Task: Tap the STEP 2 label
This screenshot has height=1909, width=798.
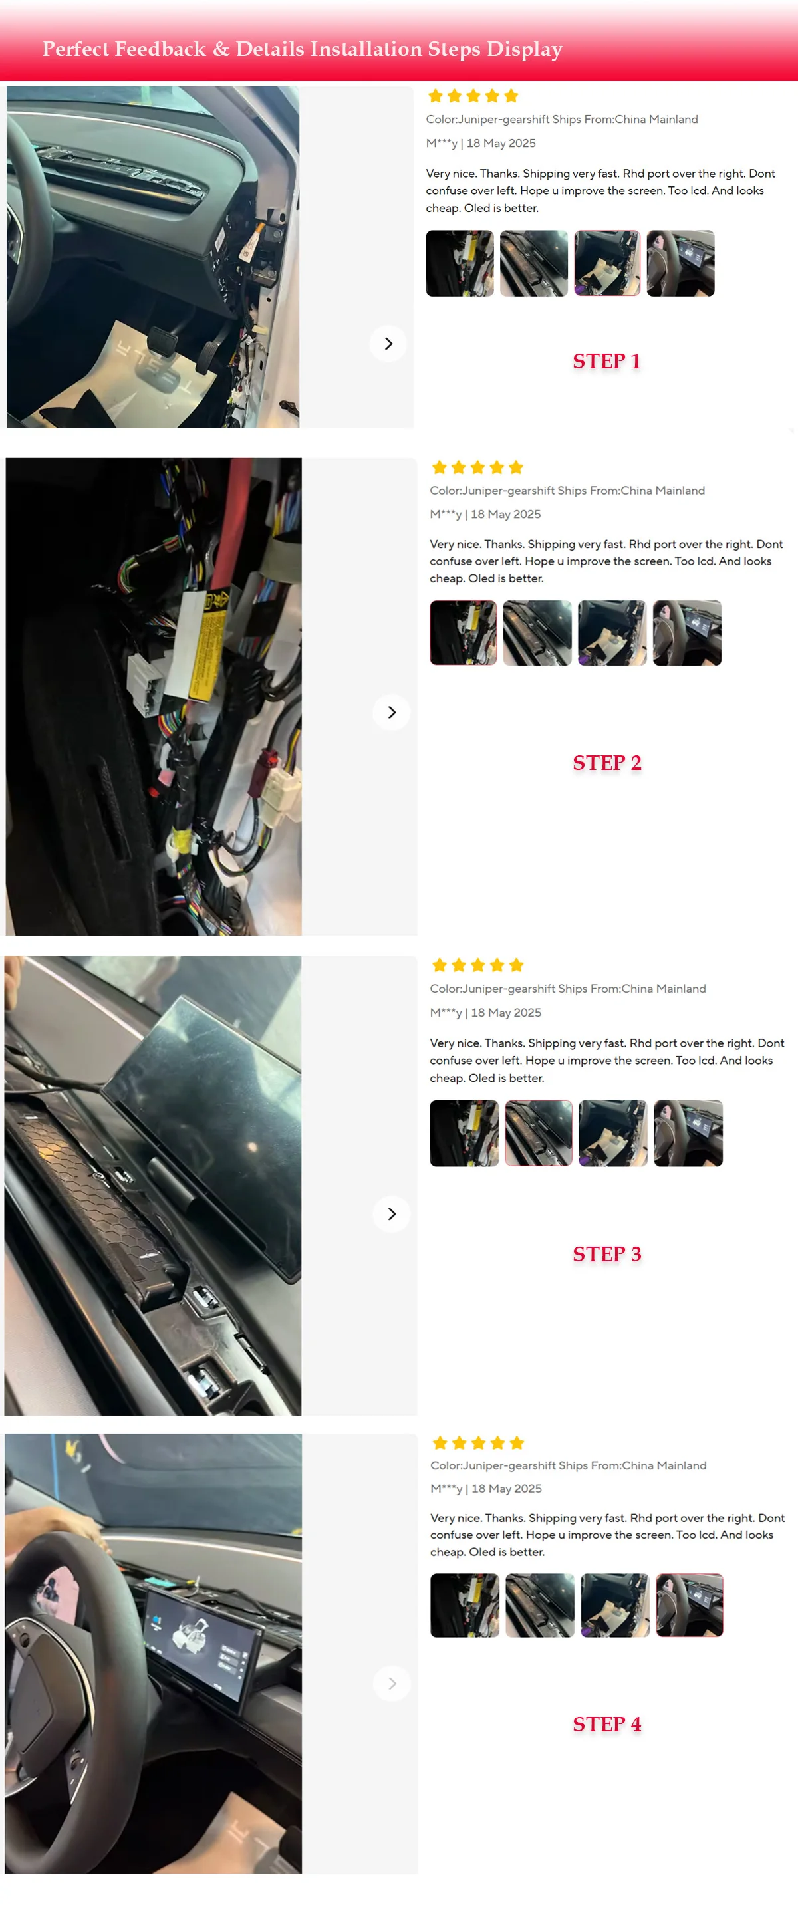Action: [607, 763]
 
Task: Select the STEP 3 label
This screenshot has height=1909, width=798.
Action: [607, 1254]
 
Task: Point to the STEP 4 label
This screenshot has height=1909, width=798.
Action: [607, 1724]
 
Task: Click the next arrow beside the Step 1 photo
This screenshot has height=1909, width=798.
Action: [388, 344]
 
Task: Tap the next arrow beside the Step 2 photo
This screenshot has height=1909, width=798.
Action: [392, 713]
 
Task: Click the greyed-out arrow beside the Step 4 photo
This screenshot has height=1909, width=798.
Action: [392, 1684]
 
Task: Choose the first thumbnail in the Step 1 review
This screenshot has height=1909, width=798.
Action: [460, 263]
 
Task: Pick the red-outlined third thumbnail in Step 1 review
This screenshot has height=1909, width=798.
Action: [607, 263]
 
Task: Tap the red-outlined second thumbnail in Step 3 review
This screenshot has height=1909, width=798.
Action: [539, 1133]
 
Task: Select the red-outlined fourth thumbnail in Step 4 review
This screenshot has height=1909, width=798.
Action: [689, 1605]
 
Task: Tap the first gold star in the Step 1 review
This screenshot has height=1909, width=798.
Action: [435, 96]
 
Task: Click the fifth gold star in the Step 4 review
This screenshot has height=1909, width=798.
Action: [517, 1442]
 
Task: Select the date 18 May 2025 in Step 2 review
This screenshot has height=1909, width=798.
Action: [505, 514]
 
